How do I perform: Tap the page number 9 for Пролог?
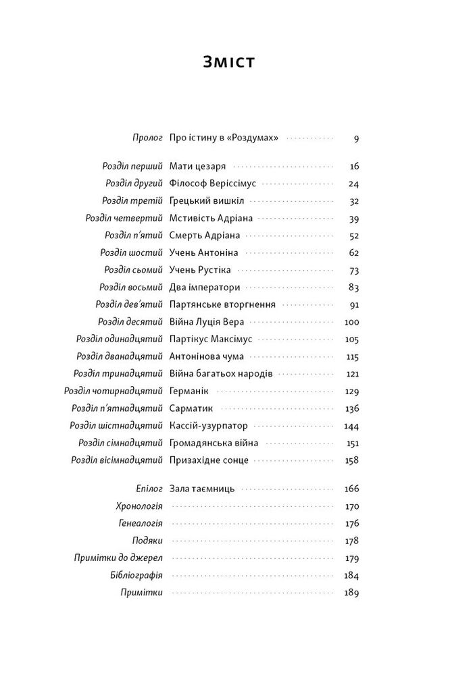pyautogui.click(x=355, y=138)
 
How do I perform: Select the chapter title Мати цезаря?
pyautogui.click(x=197, y=165)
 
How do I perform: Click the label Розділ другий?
pyautogui.click(x=134, y=183)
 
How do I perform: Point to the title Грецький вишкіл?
pyautogui.click(x=207, y=200)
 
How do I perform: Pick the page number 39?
pyautogui.click(x=353, y=218)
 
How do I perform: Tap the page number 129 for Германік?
pyautogui.click(x=351, y=391)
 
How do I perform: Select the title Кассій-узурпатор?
pyautogui.click(x=209, y=426)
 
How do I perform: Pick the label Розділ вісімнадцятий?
pyautogui.click(x=117, y=460)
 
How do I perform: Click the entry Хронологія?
pyautogui.click(x=141, y=505)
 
